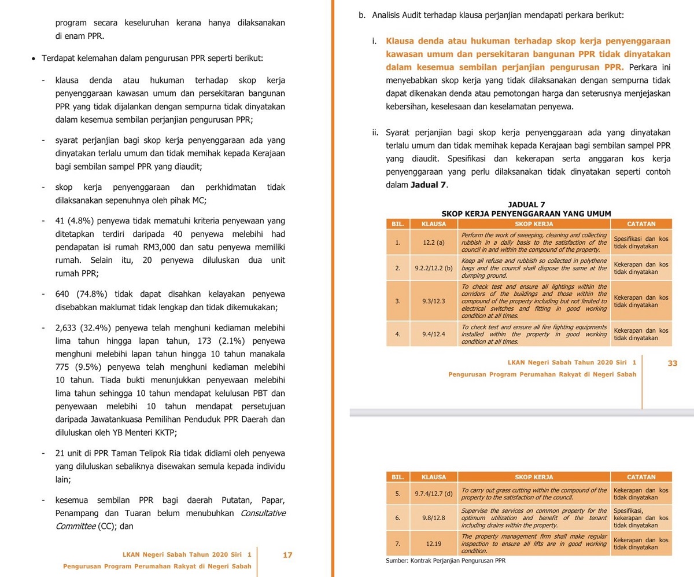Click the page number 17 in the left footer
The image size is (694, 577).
287,555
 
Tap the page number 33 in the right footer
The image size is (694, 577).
672,363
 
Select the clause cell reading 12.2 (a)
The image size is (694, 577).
433,243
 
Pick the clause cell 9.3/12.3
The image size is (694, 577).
433,301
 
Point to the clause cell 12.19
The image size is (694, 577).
433,544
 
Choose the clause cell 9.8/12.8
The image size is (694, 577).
433,517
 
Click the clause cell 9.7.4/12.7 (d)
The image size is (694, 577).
433,494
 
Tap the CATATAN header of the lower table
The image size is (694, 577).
641,477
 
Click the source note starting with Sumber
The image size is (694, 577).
446,561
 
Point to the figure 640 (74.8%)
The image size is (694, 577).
86,294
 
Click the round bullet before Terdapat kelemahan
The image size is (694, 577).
35,59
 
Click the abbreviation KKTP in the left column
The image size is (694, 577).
167,432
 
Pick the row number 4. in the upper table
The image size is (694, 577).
397,334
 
